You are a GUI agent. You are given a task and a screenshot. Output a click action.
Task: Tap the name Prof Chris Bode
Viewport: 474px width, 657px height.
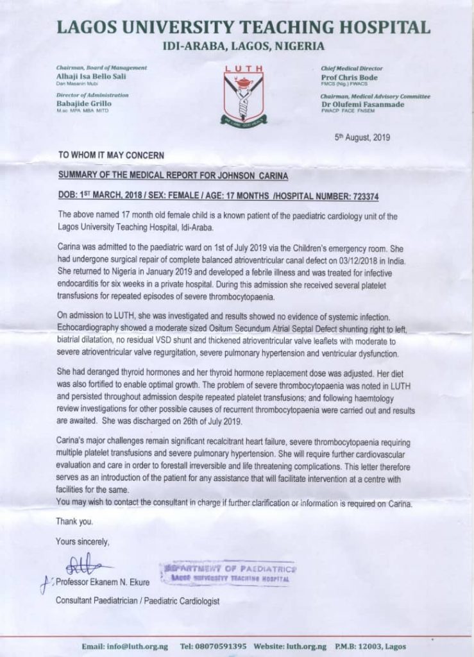pos(350,78)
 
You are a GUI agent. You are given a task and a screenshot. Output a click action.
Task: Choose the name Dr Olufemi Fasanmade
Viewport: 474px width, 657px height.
pos(362,105)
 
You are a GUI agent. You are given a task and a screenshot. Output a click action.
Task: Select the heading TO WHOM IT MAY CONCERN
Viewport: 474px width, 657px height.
pos(112,155)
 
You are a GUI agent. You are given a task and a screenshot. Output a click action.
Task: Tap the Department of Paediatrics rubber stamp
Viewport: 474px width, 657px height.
pos(228,572)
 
